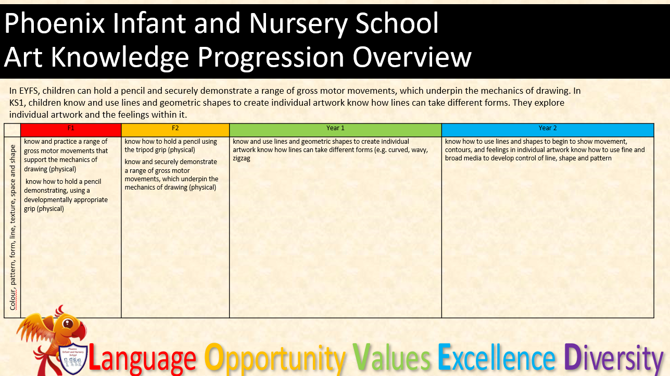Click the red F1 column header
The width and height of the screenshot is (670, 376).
point(71,130)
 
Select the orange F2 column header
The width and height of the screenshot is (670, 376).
point(175,130)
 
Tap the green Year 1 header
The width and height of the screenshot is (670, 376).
point(335,130)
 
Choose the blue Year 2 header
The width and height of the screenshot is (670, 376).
point(548,130)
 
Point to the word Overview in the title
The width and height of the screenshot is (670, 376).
point(412,57)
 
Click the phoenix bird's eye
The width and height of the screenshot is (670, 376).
point(68,323)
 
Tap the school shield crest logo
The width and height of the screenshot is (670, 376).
point(73,358)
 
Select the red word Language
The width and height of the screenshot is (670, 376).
point(142,359)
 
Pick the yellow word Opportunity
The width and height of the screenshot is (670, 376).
point(274,359)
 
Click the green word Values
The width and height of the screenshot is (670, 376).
point(391,357)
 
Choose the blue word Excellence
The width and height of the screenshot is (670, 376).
point(497,357)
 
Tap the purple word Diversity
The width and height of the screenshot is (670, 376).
point(614,359)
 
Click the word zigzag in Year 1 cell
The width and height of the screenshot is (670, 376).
point(242,158)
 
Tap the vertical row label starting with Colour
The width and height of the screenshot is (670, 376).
point(12,228)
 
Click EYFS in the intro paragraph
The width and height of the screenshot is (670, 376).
point(29,91)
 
